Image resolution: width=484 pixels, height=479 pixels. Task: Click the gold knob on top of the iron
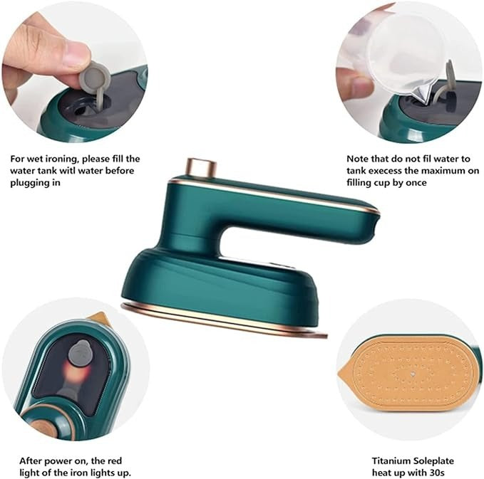click(x=201, y=168)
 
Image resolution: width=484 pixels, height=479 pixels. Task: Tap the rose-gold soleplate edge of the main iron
click(x=214, y=321)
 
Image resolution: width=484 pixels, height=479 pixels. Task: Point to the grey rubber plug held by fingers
click(x=95, y=79)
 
